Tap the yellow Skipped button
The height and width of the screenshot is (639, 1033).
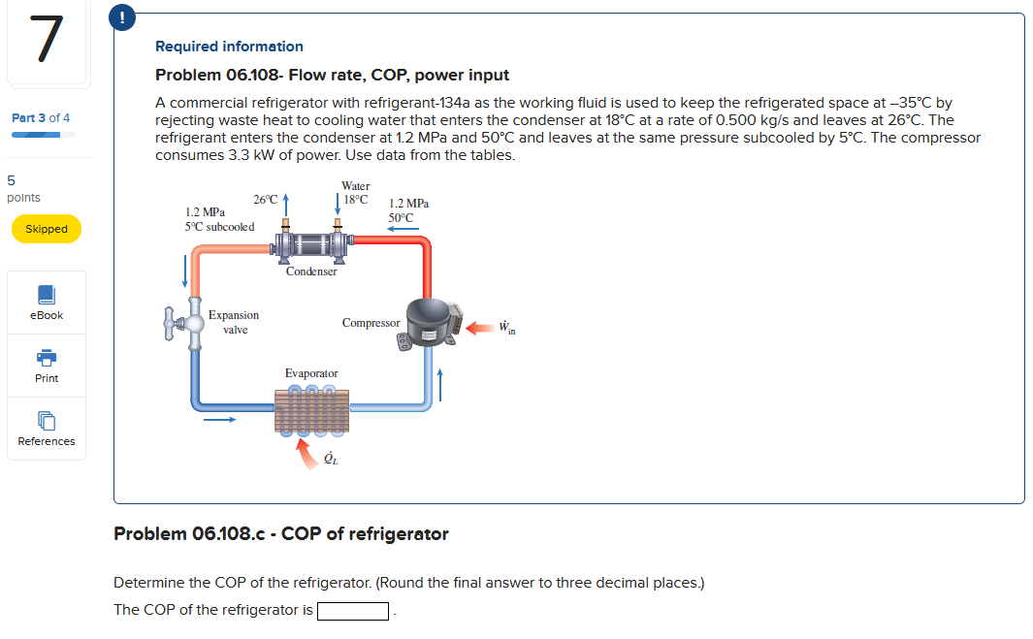click(47, 229)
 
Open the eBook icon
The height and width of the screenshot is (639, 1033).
click(47, 295)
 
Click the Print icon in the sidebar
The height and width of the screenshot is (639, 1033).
click(47, 358)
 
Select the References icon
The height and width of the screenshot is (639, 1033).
click(47, 421)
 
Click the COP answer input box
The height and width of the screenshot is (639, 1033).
click(353, 611)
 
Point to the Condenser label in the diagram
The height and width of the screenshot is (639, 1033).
click(311, 272)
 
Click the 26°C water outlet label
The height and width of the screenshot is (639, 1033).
click(265, 200)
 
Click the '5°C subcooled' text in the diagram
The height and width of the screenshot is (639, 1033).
click(219, 227)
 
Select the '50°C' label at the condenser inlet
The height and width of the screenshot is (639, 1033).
click(401, 218)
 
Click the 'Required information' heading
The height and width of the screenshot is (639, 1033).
click(229, 47)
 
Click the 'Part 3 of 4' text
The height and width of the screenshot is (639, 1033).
click(41, 117)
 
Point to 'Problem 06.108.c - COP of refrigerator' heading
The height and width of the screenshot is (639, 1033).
click(281, 534)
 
